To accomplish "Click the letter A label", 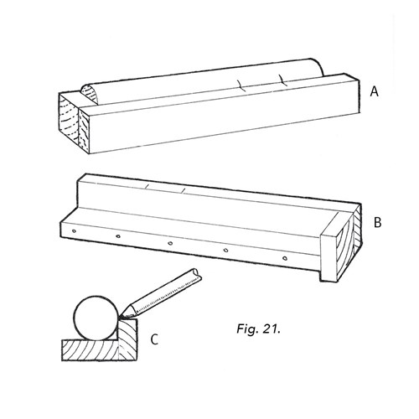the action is tap(375, 91).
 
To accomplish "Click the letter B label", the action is tap(377, 223).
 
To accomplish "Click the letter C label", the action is tap(154, 339).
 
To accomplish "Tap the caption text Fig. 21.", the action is tap(258, 328).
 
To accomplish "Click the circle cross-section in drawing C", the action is tap(96, 318).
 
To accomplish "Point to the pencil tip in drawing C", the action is tap(121, 318).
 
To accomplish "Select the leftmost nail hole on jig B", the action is tap(74, 231).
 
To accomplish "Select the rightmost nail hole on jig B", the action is tap(285, 258).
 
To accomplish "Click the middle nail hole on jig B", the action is tap(170, 243).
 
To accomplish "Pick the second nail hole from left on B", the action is tap(118, 236).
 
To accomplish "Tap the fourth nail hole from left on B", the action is tap(226, 251).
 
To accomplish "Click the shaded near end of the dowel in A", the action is tap(91, 95).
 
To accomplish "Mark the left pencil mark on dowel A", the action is tap(241, 85).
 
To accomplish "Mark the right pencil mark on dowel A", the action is tap(282, 80).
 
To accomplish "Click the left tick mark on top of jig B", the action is tap(147, 186).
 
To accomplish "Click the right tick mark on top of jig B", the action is tap(183, 190).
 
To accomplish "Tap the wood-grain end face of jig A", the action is tap(74, 123).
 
